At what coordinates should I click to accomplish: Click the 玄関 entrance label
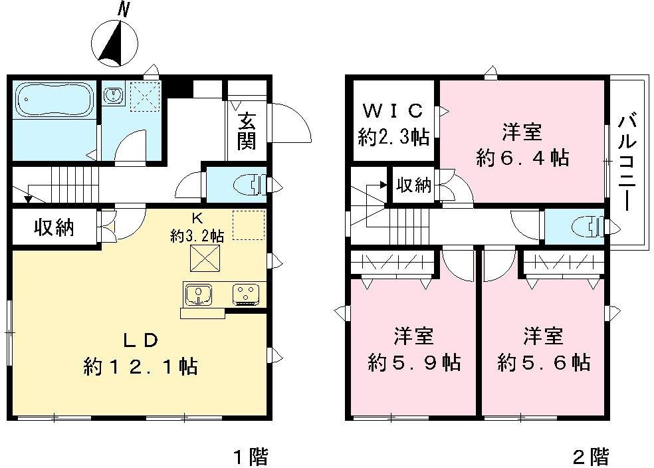247,131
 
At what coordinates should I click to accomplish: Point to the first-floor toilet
249,184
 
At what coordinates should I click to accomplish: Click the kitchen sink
197,293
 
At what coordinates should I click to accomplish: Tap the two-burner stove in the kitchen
248,293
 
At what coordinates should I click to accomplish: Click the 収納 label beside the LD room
54,228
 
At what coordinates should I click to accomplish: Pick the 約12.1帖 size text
140,366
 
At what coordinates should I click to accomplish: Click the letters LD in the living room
140,340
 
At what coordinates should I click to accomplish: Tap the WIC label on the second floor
392,110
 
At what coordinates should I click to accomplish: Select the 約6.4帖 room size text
522,158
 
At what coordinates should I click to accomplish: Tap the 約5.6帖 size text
544,363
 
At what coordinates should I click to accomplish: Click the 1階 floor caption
251,457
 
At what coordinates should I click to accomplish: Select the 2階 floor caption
590,457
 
